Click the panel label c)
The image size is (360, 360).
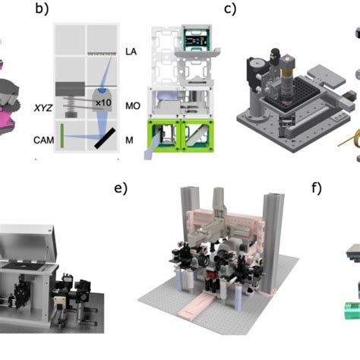click(231, 11)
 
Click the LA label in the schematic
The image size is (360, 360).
click(131, 52)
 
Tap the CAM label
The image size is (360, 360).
click(43, 141)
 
